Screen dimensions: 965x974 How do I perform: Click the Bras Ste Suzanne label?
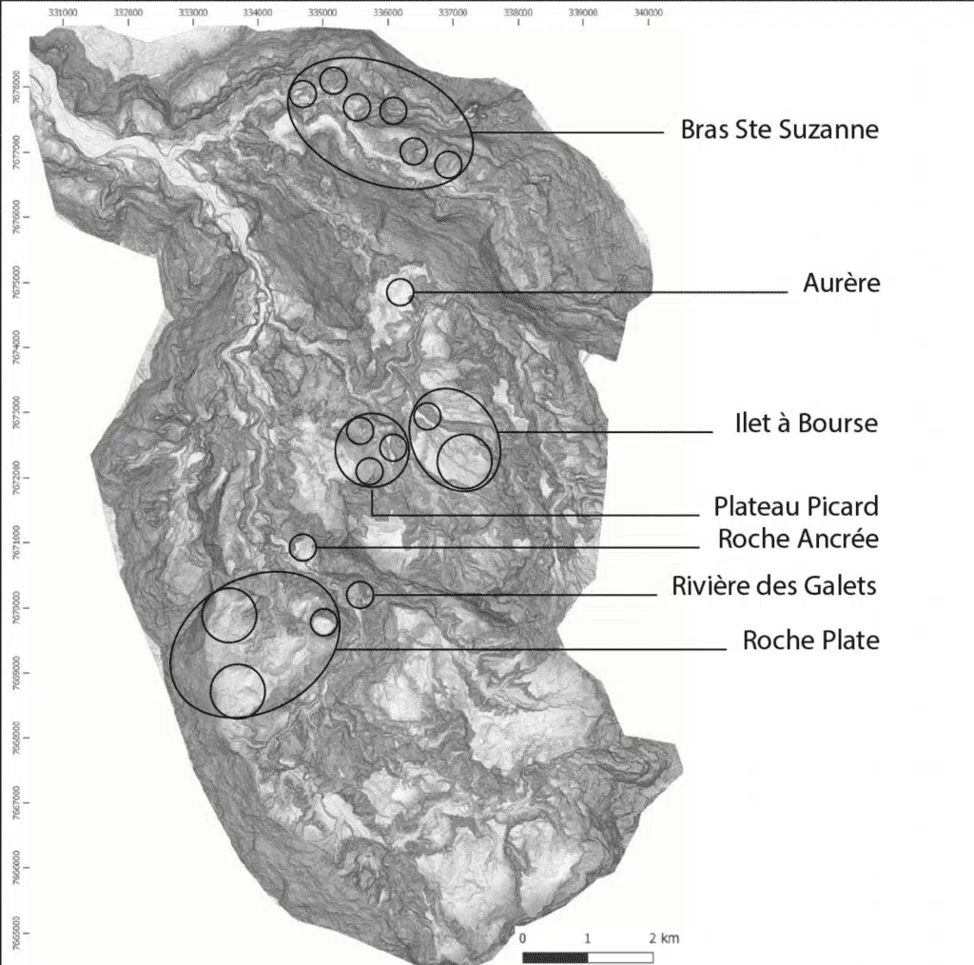(779, 129)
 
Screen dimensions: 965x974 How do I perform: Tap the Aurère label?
(842, 284)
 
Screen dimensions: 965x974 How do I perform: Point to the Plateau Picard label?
(796, 505)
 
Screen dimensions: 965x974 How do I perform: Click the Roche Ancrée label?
(798, 540)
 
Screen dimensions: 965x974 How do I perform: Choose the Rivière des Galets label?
(773, 586)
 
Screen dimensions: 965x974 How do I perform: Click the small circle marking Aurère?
(400, 292)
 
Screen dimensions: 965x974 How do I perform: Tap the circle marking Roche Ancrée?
(302, 547)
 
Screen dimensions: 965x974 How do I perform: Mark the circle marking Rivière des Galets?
(360, 595)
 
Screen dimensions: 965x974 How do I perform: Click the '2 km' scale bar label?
(664, 937)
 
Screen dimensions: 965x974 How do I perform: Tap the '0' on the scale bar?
(523, 937)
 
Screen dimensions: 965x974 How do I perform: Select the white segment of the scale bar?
(620, 955)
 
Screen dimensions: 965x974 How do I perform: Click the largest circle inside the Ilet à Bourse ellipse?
(466, 461)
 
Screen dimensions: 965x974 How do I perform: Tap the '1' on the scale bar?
(588, 937)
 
